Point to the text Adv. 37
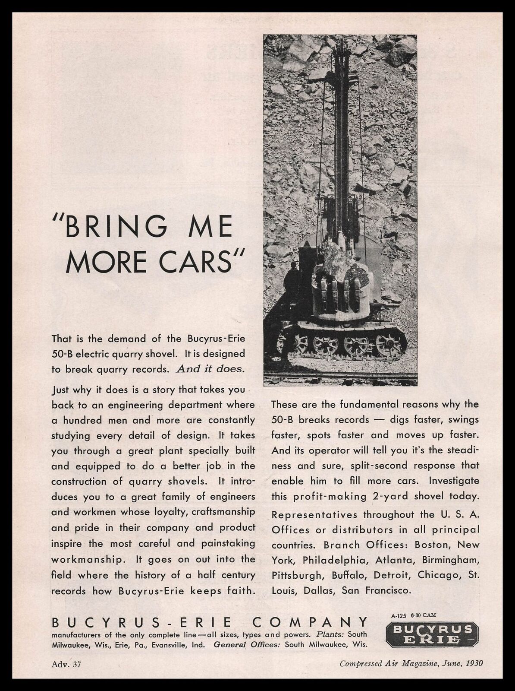coord(66,663)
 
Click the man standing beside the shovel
coord(295,283)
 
